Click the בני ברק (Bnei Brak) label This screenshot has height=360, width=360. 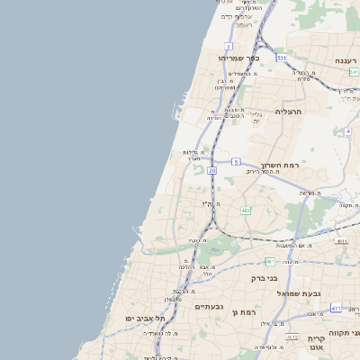point(268,278)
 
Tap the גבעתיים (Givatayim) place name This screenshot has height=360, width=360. point(209,307)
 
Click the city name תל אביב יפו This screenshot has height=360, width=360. point(148,319)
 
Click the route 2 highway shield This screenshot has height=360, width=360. point(229,46)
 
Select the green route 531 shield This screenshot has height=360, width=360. point(282,58)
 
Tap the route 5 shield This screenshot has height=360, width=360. point(236,162)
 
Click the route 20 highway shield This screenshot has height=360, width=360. point(211,169)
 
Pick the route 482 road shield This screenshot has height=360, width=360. point(246,211)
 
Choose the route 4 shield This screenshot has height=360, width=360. point(347,130)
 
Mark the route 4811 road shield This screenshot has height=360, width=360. point(340,241)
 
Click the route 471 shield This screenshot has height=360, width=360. point(336,309)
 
